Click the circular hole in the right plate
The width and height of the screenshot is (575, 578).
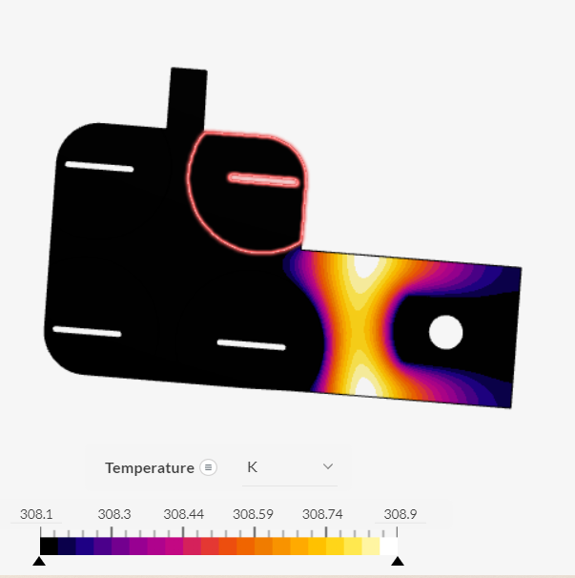pyautogui.click(x=445, y=332)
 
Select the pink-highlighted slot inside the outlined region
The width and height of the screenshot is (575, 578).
pyautogui.click(x=264, y=179)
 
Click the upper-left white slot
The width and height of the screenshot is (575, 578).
pyautogui.click(x=99, y=167)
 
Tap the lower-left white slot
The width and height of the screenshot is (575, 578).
pyautogui.click(x=88, y=332)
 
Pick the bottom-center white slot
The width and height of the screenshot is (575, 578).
pyautogui.click(x=251, y=344)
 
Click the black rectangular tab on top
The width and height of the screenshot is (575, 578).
pyautogui.click(x=188, y=97)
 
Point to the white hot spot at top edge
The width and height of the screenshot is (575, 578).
pyautogui.click(x=365, y=266)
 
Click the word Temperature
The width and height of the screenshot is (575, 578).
pyautogui.click(x=149, y=467)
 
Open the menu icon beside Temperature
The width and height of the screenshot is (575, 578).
pyautogui.click(x=209, y=467)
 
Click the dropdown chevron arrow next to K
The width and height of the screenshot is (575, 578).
pyautogui.click(x=328, y=466)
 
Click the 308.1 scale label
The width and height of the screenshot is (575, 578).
pyautogui.click(x=36, y=514)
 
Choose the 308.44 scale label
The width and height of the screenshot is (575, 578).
pyautogui.click(x=183, y=514)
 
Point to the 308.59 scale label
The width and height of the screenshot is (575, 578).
pyautogui.click(x=254, y=514)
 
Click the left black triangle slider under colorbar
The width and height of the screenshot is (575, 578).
pyautogui.click(x=39, y=561)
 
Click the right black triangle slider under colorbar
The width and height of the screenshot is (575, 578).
pyautogui.click(x=398, y=561)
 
